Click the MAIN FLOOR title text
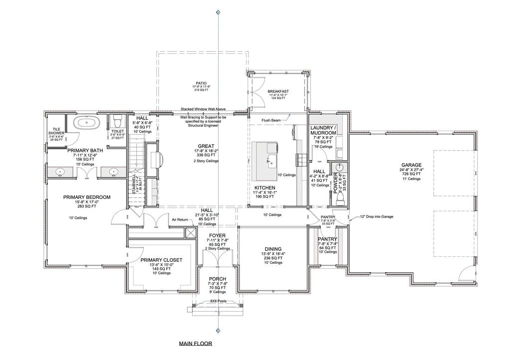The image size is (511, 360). click(x=196, y=344)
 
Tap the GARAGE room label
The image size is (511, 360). click(x=411, y=165)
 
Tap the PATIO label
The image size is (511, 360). click(x=201, y=83)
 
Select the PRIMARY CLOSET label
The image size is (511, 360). click(x=161, y=260)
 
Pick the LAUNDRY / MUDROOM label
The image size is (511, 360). click(x=324, y=131)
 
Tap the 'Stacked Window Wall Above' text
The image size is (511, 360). click(x=204, y=109)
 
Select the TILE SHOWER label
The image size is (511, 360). click(x=56, y=131)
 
